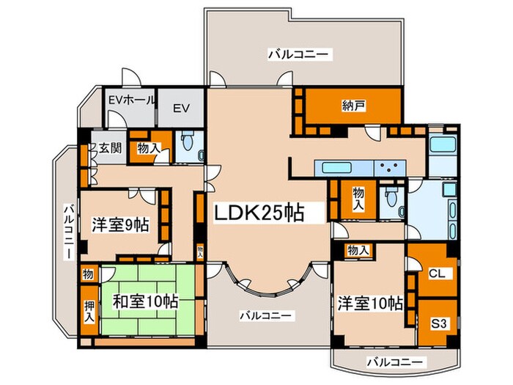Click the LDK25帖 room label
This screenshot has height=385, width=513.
pos(268,213)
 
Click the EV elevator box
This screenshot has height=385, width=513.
pos(182,108)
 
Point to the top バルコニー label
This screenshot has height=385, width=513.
pos(300,54)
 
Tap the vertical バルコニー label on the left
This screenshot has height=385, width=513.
pos(67,231)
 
